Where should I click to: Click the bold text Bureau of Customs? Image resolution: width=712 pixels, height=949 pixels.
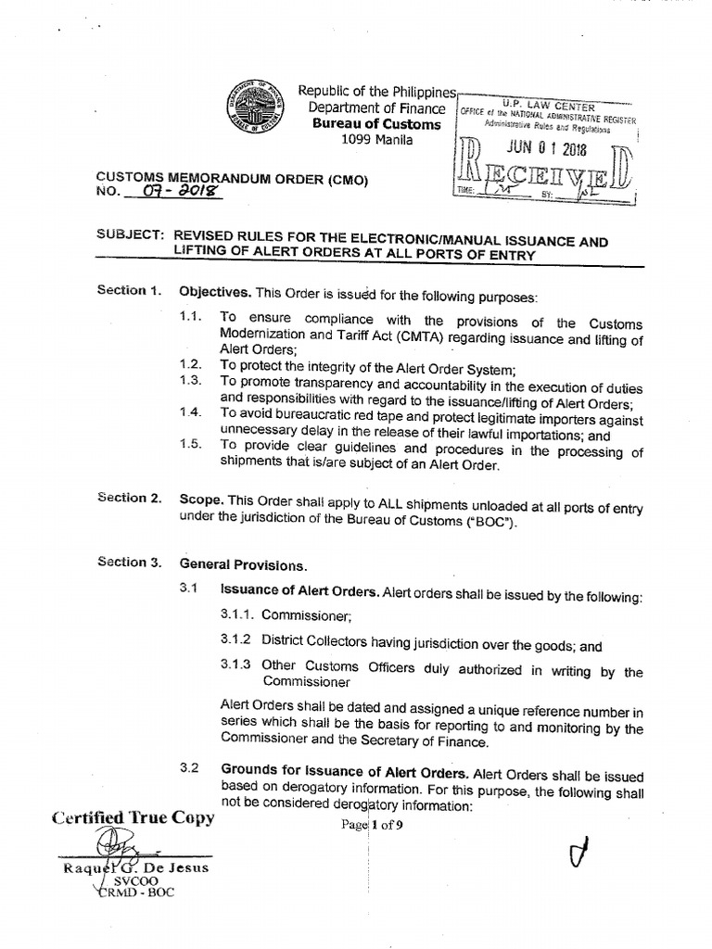click(x=376, y=124)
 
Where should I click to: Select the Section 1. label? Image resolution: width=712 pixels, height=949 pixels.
click(x=129, y=291)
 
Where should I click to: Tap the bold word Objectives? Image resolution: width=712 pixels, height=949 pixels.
click(x=213, y=292)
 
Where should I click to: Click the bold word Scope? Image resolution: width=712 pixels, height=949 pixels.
click(x=198, y=499)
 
